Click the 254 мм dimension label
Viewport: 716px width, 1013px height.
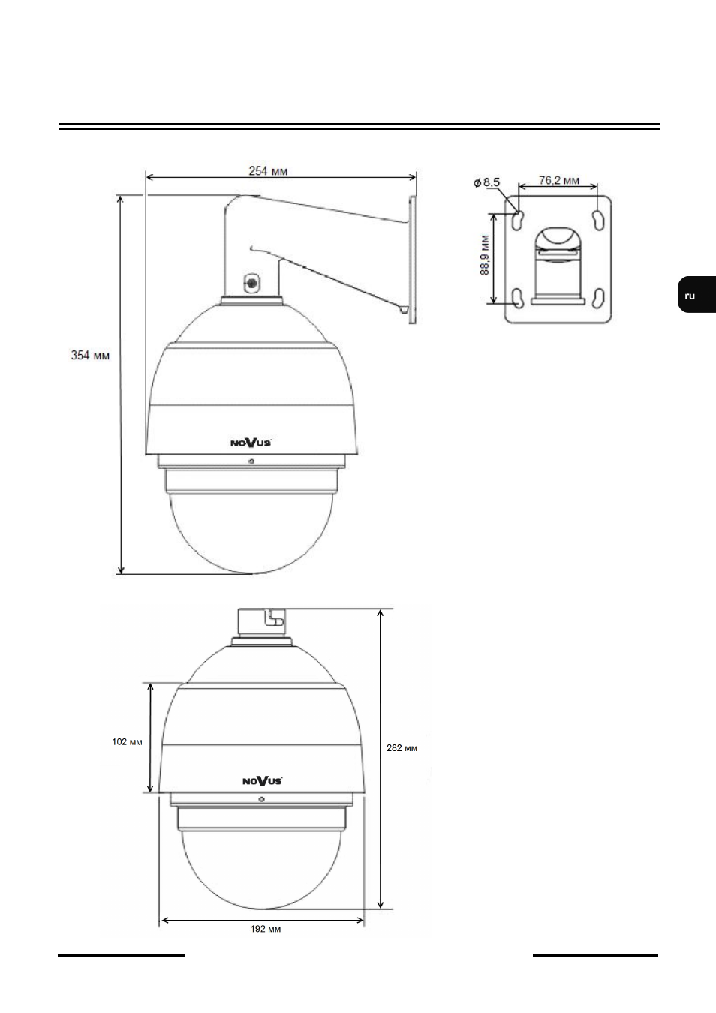[x=268, y=171]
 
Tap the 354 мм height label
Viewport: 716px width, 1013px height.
[x=90, y=356]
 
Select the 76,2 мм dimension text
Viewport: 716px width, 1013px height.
[x=559, y=180]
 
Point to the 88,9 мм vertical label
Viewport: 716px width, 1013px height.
[x=485, y=254]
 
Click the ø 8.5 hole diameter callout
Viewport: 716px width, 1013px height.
[x=486, y=182]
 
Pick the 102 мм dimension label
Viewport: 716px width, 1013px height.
[x=127, y=741]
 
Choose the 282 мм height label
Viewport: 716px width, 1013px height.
[x=402, y=748]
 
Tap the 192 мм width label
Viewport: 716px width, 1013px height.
[x=266, y=929]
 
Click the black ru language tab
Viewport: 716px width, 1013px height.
[x=696, y=294]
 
